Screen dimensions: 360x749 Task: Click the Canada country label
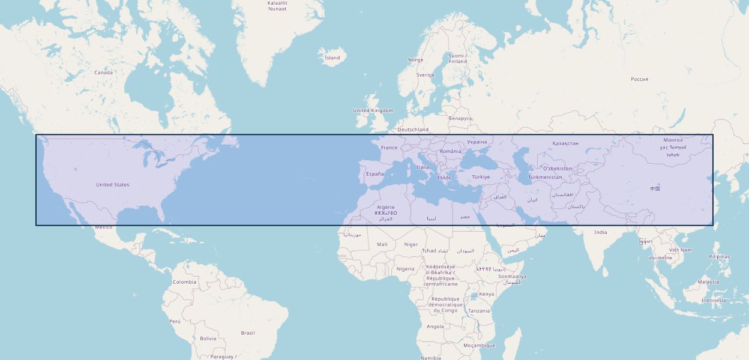103,73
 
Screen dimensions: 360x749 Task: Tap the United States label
112,185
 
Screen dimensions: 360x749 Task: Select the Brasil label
247,333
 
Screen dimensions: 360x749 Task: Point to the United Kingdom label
373,110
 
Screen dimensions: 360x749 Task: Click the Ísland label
332,58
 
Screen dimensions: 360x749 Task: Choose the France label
389,148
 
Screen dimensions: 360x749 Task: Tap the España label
375,174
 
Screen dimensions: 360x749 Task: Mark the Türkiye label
481,177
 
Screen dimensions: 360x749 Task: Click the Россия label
639,79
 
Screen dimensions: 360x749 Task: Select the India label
600,232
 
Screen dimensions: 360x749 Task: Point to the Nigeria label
405,269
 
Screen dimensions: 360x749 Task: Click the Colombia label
184,282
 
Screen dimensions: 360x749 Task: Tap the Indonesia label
713,301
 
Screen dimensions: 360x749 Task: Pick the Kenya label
487,294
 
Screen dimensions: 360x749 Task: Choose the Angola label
435,327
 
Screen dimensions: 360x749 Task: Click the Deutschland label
413,130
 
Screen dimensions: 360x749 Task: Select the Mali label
382,244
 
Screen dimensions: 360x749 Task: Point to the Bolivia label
208,338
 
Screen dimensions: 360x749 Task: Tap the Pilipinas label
719,257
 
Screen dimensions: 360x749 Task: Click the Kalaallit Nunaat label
277,6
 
